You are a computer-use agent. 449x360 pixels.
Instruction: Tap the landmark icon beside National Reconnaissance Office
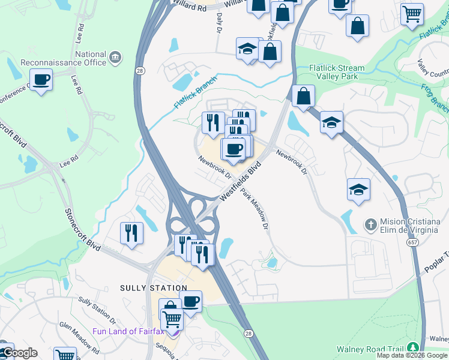click(x=115, y=58)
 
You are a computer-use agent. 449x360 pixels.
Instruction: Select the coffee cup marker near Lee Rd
click(x=41, y=79)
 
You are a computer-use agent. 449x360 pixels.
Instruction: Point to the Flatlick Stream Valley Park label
click(x=337, y=72)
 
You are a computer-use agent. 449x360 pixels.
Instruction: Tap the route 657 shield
click(x=412, y=242)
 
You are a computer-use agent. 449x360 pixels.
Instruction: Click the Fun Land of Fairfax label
click(x=128, y=331)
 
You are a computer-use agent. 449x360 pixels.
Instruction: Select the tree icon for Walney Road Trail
click(x=412, y=348)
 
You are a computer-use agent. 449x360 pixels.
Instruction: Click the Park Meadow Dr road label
click(x=255, y=209)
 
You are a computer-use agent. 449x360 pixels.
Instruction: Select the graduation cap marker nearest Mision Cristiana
click(x=358, y=190)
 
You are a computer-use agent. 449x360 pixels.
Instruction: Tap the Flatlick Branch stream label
click(x=194, y=94)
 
